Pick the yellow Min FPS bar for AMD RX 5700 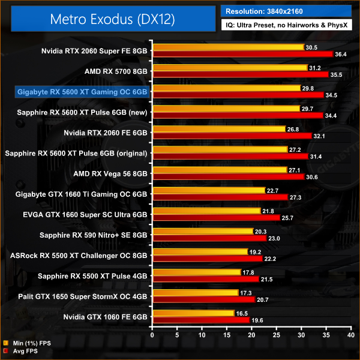pos(230,68)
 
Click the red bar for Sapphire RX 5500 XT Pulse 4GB pos(203,278)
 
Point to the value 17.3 pos(247,292)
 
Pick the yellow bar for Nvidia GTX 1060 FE pos(193,313)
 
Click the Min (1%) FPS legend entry pos(26,343)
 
